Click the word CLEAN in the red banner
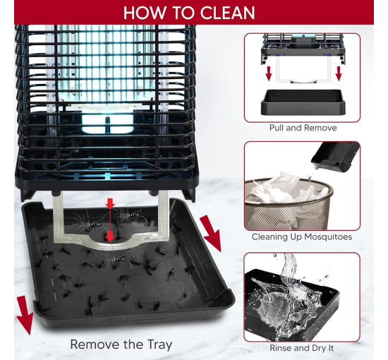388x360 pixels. point(227,13)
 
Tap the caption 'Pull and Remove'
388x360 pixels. point(303,128)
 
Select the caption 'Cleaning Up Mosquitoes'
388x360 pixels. point(302,236)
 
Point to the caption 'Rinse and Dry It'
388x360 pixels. point(302,348)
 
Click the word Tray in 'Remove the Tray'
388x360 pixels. point(159,344)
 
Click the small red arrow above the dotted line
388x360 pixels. point(110,203)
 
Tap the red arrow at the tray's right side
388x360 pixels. point(211,233)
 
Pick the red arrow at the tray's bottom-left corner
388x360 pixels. point(25,314)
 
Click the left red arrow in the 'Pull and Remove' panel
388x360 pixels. point(269,73)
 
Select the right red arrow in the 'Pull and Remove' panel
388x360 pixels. point(339,73)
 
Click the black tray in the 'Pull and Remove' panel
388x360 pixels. point(303,102)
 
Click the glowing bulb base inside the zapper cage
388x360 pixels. point(108,123)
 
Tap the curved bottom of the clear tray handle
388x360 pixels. point(111,244)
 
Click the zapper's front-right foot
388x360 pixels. point(189,195)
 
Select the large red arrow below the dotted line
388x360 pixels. point(110,236)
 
